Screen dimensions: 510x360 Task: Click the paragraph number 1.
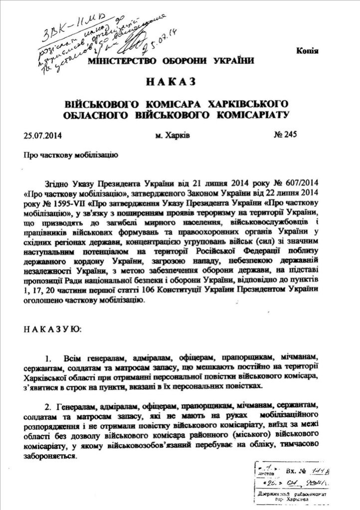(48, 359)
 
